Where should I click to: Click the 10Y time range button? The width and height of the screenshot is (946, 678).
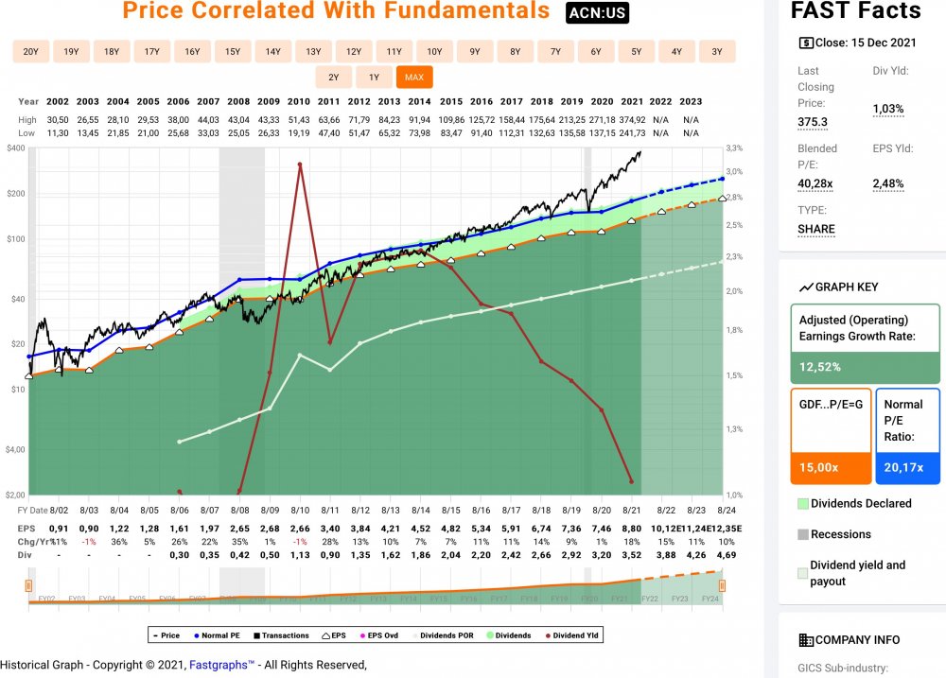click(x=434, y=52)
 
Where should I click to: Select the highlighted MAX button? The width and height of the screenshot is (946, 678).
click(x=413, y=78)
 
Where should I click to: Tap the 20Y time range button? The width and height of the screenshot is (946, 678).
click(x=31, y=52)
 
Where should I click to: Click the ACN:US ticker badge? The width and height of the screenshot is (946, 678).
click(x=597, y=13)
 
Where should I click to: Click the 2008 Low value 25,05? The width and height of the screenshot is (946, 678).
click(x=238, y=132)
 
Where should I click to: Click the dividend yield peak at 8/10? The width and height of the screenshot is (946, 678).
click(x=300, y=165)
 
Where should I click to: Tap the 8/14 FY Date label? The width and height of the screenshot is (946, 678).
click(x=419, y=510)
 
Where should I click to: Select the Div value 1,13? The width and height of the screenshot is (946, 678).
click(x=300, y=555)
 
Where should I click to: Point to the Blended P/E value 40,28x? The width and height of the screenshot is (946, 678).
click(x=816, y=183)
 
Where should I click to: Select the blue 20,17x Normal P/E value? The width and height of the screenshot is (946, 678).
click(x=906, y=466)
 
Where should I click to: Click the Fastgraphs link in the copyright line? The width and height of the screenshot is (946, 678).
click(x=221, y=665)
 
